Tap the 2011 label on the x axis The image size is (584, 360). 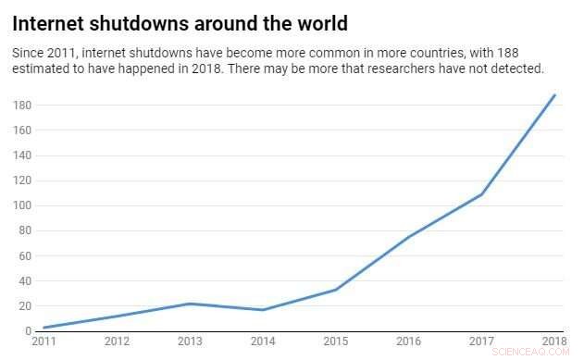tap(43, 341)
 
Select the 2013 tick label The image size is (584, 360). tap(189, 341)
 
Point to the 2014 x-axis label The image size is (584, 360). tap(262, 341)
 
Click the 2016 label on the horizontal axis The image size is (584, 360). tap(408, 341)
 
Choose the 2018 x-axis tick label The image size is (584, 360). tap(554, 341)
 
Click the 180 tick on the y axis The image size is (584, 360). tap(22, 106)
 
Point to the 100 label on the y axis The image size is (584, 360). tap(22, 205)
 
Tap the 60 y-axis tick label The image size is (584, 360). tap(25, 255)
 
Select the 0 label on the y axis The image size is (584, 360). tap(28, 330)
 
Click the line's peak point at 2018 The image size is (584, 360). tap(554, 95)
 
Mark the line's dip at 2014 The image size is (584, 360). tap(262, 309)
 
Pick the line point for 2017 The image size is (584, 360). tap(481, 194)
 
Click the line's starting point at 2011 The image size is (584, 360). tap(43, 328)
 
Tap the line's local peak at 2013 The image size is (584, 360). tap(189, 304)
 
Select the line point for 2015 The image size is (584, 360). tap(335, 290)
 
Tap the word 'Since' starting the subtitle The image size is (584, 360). tap(29, 53)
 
